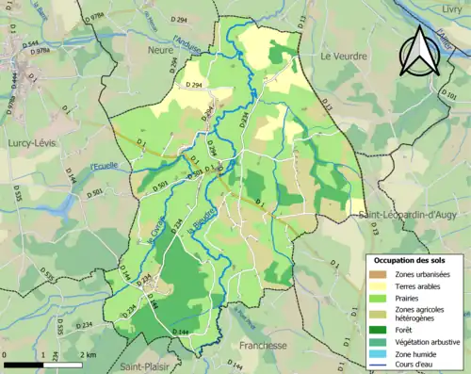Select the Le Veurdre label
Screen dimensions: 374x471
point(343,56)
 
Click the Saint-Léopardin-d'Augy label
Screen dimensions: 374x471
point(408,216)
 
